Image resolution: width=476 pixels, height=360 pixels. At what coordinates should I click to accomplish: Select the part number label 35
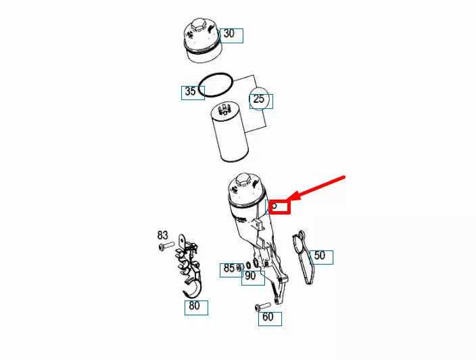[x=192, y=92]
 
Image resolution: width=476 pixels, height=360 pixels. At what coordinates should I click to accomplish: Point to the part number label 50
[x=320, y=256]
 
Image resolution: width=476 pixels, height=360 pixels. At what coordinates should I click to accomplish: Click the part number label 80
[x=196, y=307]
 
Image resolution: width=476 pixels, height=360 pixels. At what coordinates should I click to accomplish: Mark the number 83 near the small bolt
[x=163, y=235]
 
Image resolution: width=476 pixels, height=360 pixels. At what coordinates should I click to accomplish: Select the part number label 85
[x=230, y=269]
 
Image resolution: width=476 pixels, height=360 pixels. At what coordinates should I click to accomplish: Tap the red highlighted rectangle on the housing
[x=279, y=206]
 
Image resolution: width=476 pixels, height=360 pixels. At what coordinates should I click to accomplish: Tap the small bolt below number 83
[x=163, y=247]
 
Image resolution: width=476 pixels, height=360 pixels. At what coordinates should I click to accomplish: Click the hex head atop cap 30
[x=198, y=26]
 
